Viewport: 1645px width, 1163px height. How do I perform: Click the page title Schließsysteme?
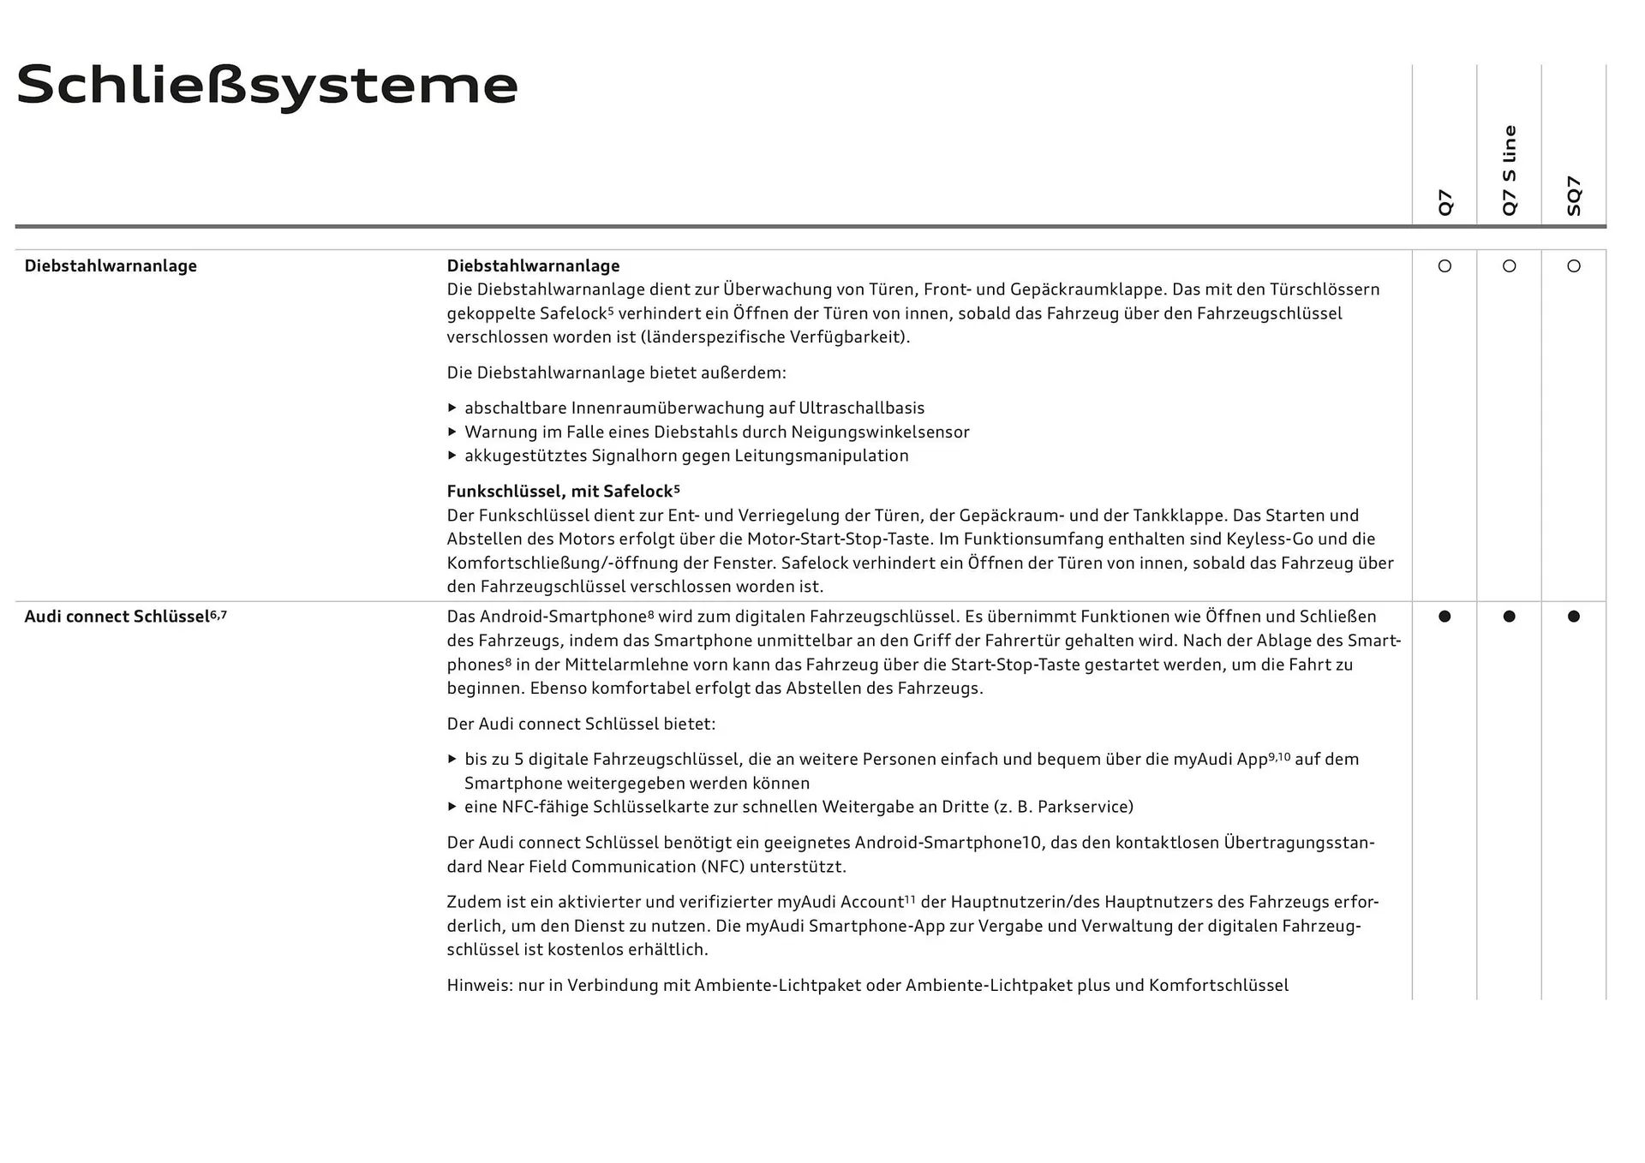[267, 86]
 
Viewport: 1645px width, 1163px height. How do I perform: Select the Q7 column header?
[1445, 202]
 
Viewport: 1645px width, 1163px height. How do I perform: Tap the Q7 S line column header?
[1510, 170]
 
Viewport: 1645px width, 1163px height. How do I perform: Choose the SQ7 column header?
[1574, 196]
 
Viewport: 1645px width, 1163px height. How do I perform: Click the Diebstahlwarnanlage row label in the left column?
[111, 266]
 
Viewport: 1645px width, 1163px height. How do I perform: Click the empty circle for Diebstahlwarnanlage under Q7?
[1445, 266]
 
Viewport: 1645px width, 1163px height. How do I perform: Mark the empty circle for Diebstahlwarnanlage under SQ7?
[1574, 266]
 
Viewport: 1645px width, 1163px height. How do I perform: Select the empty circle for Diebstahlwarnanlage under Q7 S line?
[1510, 266]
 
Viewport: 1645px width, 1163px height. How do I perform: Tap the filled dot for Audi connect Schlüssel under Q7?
[1445, 617]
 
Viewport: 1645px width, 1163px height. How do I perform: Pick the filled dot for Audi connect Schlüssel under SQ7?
[1574, 617]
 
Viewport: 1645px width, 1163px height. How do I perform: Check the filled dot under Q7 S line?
[1510, 617]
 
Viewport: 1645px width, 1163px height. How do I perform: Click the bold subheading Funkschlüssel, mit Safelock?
[563, 492]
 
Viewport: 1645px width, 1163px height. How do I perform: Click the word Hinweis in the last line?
[479, 986]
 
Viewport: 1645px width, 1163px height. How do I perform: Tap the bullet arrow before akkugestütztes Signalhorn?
[452, 456]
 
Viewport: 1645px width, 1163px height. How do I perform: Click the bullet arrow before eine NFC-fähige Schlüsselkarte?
[452, 807]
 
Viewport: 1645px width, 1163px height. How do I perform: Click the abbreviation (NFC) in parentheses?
[722, 867]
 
